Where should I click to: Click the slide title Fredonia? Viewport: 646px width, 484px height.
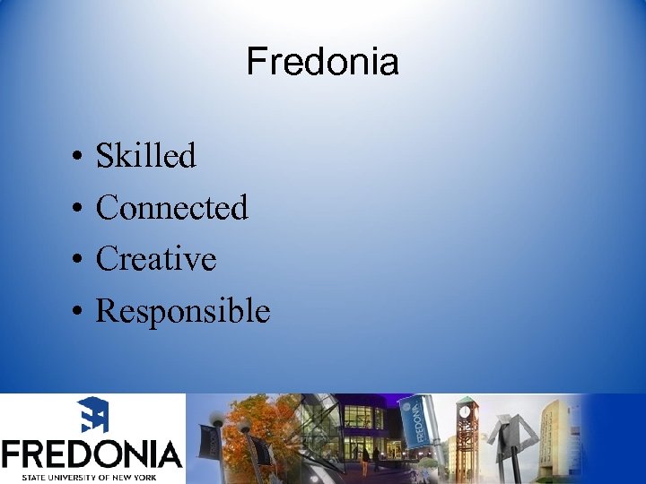click(322, 63)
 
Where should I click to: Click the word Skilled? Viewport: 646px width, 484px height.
click(145, 156)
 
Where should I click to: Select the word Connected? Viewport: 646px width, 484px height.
click(171, 208)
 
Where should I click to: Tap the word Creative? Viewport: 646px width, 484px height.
click(156, 259)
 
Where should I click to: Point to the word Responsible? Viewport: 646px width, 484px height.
click(182, 311)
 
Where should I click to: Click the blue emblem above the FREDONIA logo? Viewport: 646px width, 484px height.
click(92, 415)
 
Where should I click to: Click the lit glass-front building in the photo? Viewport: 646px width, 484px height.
click(345, 430)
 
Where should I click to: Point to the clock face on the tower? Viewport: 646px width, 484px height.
click(467, 414)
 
